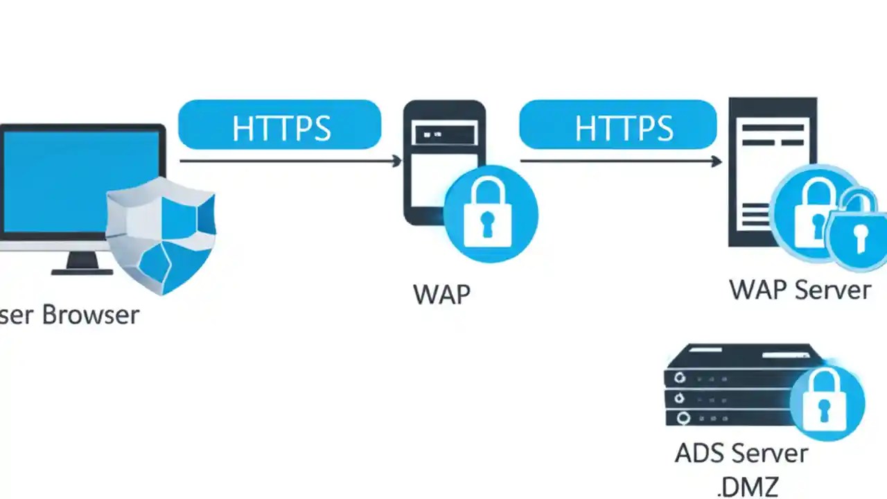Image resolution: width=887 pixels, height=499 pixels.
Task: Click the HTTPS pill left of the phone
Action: pyautogui.click(x=279, y=125)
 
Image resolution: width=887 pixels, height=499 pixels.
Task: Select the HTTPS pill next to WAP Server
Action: pyautogui.click(x=617, y=125)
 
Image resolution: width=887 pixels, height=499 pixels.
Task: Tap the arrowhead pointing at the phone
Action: pyautogui.click(x=396, y=161)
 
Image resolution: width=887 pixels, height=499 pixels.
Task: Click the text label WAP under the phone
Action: pyautogui.click(x=442, y=295)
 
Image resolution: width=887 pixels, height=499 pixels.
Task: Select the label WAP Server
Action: pyautogui.click(x=800, y=290)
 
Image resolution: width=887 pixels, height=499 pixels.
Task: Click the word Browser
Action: pyautogui.click(x=91, y=315)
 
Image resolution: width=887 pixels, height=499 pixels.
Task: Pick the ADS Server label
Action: pyautogui.click(x=741, y=454)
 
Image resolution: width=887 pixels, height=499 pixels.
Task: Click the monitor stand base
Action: pyautogui.click(x=82, y=271)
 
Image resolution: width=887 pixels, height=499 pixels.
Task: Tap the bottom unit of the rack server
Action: pyautogui.click(x=728, y=418)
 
